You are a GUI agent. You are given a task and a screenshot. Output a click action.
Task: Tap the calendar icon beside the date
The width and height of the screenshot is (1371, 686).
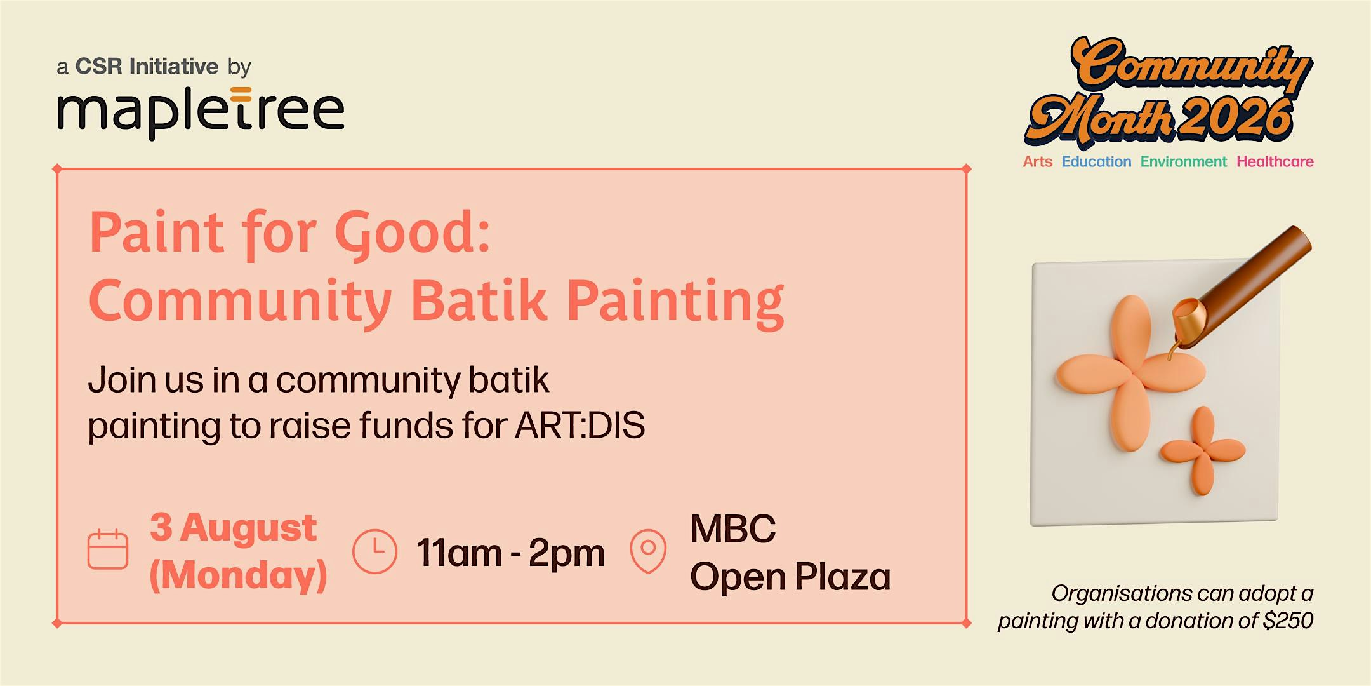coord(108,549)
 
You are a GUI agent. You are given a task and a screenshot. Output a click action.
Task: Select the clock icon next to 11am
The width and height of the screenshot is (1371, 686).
coord(374,551)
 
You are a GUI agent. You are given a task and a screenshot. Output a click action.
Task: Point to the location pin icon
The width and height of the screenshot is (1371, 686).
coord(648,551)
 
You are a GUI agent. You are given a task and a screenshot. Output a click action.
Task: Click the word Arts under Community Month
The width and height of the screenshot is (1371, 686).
coord(1038,161)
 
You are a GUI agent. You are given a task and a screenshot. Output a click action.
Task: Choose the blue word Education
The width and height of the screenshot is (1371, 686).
coord(1097,161)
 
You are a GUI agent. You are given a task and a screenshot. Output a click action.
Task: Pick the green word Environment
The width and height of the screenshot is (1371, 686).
coord(1184,161)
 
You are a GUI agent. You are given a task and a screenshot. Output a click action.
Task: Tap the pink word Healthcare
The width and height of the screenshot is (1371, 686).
coord(1275,161)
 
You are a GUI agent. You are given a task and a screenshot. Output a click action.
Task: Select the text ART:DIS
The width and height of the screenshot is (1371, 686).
coord(580,426)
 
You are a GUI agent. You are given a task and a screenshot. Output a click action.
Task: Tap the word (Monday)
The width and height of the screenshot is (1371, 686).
coord(239,575)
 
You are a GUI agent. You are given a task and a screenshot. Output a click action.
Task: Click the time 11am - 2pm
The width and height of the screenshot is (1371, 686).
coord(510,553)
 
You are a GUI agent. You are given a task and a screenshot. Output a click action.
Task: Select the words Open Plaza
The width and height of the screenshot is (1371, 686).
coord(790,577)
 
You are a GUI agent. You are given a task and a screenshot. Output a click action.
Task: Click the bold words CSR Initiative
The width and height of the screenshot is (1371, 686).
coord(147,66)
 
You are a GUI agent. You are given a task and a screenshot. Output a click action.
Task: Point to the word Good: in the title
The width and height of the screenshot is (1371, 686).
coord(413,234)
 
